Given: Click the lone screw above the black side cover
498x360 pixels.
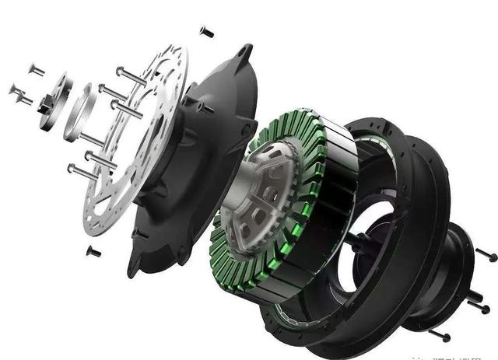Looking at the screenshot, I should (206, 31).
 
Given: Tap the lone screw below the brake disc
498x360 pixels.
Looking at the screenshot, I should (93, 250).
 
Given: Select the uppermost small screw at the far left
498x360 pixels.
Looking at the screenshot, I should (36, 70).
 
